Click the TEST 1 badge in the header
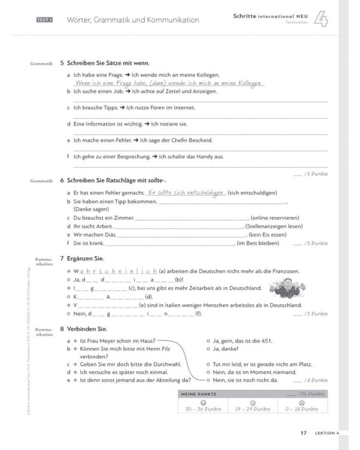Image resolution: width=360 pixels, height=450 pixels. point(44,20)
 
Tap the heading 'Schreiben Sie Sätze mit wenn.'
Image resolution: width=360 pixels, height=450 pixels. point(112,63)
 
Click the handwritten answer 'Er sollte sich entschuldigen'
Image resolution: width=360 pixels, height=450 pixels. point(185,193)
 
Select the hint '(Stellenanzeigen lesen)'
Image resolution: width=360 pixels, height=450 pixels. point(274,226)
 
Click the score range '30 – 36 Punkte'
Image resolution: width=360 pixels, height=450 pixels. point(204,409)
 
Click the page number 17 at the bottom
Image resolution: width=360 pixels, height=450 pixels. point(304,433)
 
